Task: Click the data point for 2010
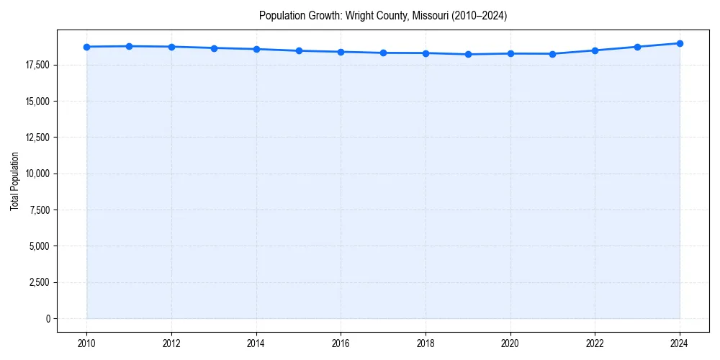pos(86,47)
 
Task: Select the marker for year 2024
pos(680,43)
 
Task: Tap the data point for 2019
pos(468,54)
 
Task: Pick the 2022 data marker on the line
pos(595,50)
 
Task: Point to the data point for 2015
pos(299,50)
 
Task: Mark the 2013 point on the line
pos(214,48)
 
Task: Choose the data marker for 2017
pos(383,53)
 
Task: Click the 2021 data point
pos(552,53)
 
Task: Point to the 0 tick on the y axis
pos(48,318)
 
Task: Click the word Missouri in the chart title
pos(431,15)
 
